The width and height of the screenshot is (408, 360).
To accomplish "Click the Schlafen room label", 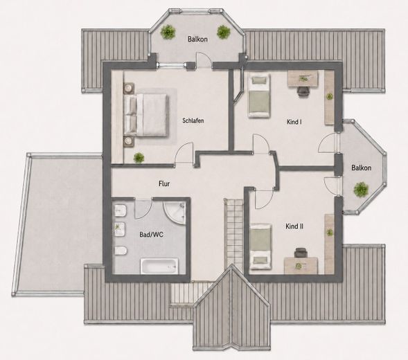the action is click(x=193, y=120).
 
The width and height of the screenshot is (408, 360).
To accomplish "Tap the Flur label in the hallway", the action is click(x=164, y=184).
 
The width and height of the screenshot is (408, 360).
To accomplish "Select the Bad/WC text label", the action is click(x=152, y=235).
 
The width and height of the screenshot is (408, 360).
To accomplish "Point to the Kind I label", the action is click(x=294, y=122).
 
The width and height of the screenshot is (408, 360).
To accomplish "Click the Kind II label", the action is click(x=294, y=226).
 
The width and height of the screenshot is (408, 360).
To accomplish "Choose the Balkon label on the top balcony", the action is click(x=197, y=39).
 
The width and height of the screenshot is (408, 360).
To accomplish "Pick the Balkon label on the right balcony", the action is click(x=361, y=168).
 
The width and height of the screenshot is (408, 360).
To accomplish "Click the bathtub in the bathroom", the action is click(x=159, y=266).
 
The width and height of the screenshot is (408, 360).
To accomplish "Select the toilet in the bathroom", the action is click(x=121, y=251).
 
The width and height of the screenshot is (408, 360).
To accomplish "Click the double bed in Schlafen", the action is click(x=145, y=115).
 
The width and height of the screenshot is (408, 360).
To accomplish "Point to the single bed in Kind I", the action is click(x=258, y=96).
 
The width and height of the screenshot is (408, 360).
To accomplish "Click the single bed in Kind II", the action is click(x=260, y=246).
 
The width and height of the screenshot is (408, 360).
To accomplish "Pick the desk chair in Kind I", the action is click(x=303, y=91).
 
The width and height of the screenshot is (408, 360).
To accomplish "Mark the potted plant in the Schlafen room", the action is click(x=139, y=158).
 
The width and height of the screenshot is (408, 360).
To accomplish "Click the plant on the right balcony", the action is click(x=361, y=189).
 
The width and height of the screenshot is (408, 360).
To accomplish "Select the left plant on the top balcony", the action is click(x=168, y=32).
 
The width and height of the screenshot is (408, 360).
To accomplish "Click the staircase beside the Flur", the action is click(x=234, y=235).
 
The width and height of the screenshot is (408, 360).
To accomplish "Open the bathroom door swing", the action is click(x=143, y=208).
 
